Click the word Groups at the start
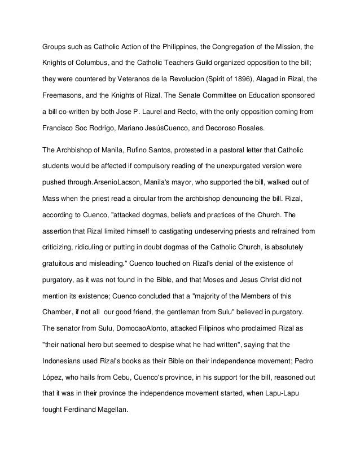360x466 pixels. (x=55, y=46)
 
